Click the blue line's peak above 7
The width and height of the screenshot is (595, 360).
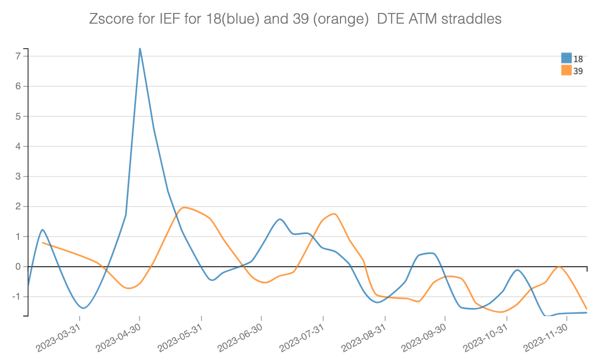(x=140, y=49)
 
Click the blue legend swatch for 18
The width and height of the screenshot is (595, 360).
(x=566, y=58)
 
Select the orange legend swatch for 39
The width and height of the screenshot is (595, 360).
(x=566, y=70)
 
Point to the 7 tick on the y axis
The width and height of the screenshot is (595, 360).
(x=18, y=56)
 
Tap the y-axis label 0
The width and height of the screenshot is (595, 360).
(x=18, y=267)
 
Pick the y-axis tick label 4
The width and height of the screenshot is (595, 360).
(x=18, y=147)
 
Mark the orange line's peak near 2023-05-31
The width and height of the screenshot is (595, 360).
(x=185, y=208)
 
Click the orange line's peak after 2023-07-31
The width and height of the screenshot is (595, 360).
(x=334, y=214)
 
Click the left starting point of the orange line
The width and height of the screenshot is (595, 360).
(x=43, y=242)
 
